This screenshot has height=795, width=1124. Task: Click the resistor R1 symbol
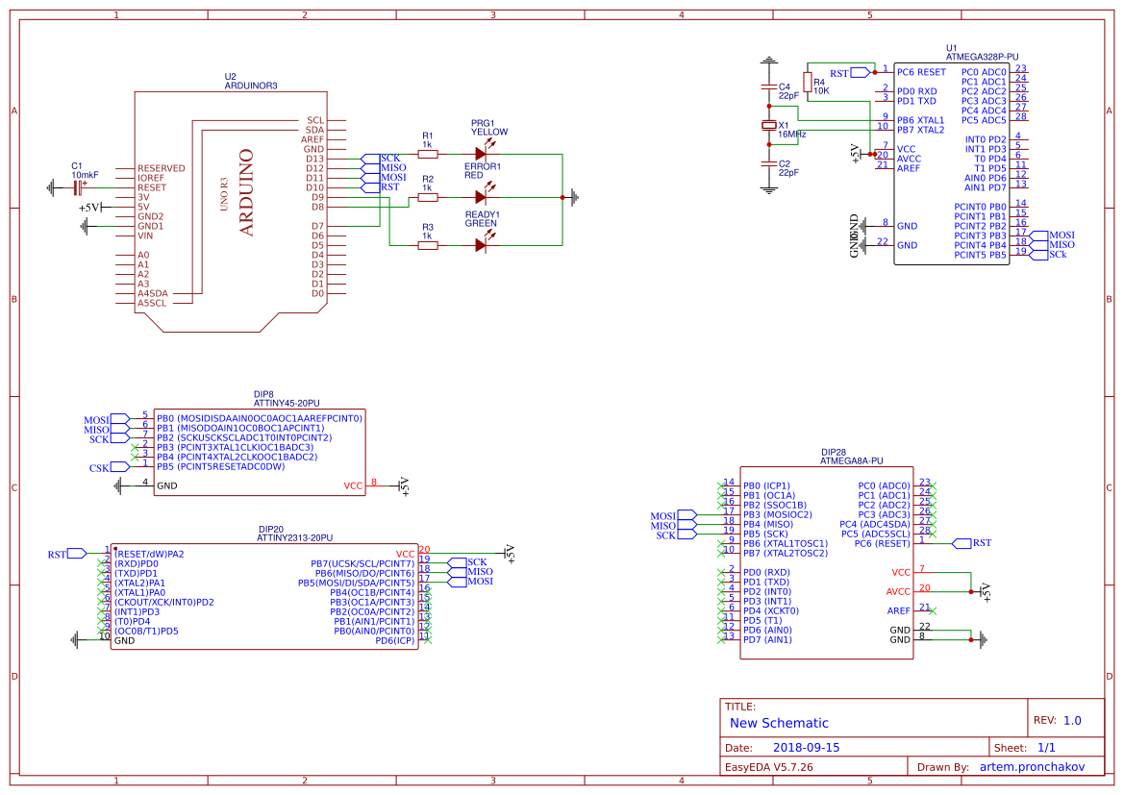pyautogui.click(x=428, y=154)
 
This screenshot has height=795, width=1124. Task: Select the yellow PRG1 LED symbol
pyautogui.click(x=482, y=154)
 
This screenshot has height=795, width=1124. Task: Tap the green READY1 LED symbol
pyautogui.click(x=482, y=245)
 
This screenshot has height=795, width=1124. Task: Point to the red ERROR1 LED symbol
pyautogui.click(x=482, y=197)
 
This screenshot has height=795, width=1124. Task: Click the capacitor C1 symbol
pyautogui.click(x=77, y=187)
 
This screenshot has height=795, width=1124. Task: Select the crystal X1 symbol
pyautogui.click(x=768, y=126)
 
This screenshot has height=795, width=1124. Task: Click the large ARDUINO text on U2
pyautogui.click(x=246, y=192)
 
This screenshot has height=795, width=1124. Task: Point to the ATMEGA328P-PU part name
pyautogui.click(x=982, y=57)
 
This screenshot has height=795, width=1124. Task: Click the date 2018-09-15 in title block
pyautogui.click(x=806, y=747)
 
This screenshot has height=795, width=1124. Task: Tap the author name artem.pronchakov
pyautogui.click(x=1032, y=767)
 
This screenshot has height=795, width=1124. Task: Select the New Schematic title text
pyautogui.click(x=779, y=723)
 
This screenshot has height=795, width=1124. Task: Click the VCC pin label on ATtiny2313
pyautogui.click(x=405, y=554)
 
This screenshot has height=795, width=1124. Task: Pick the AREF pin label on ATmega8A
pyautogui.click(x=898, y=610)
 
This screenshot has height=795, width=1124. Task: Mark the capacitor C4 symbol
pyautogui.click(x=768, y=89)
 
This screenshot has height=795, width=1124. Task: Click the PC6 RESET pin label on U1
pyautogui.click(x=920, y=72)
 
